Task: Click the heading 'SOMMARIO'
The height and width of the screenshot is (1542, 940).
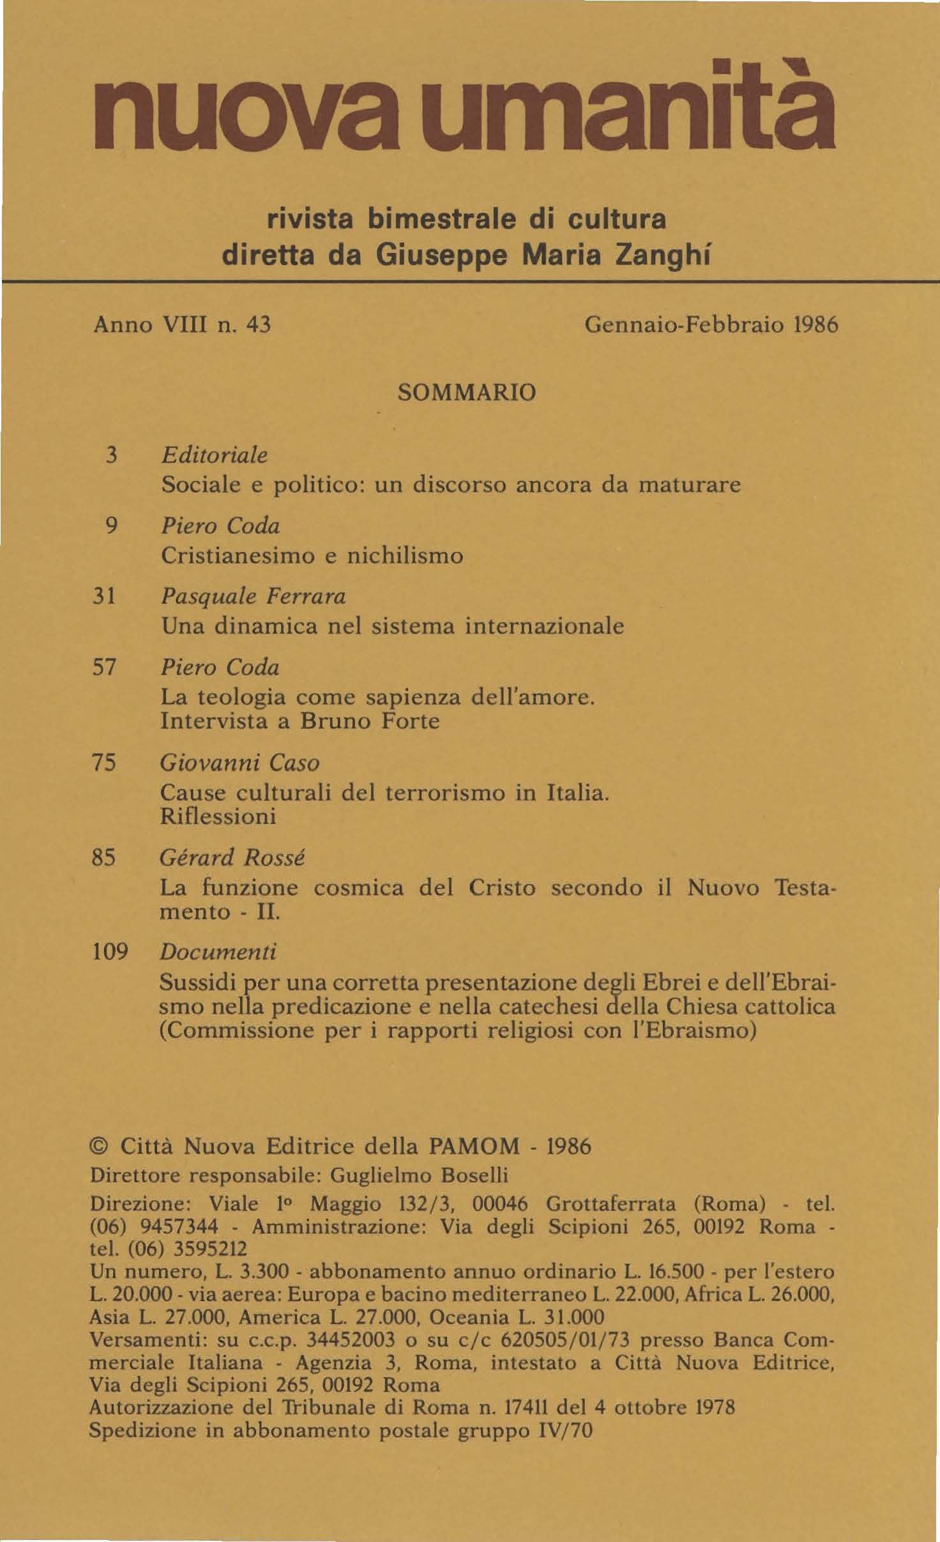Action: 467,392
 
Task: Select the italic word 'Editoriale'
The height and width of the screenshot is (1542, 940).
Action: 214,455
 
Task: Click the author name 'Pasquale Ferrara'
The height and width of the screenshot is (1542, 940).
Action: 253,597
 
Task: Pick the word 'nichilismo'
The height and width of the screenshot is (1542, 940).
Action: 405,555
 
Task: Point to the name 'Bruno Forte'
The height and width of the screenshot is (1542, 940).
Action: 370,721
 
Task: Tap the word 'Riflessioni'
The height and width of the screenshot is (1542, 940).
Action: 218,816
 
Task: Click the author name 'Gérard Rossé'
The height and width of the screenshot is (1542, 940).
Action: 232,857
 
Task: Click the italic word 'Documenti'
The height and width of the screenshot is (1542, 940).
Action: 218,952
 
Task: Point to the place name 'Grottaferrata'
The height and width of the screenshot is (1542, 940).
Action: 611,1204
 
